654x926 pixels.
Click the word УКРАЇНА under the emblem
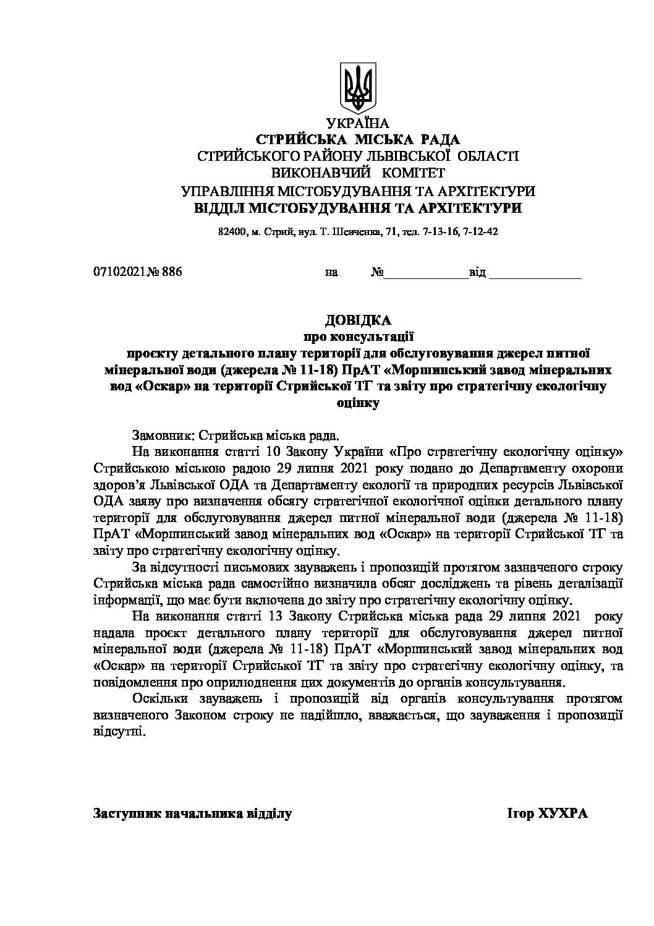click(358, 123)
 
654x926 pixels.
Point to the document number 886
click(172, 272)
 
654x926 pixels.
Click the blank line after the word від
click(535, 273)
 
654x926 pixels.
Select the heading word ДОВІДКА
click(358, 320)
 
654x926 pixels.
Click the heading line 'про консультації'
click(358, 337)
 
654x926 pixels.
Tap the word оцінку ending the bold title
click(358, 403)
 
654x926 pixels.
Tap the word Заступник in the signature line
click(124, 813)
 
